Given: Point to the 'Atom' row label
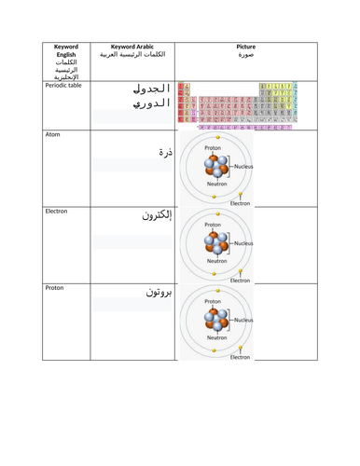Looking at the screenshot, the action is point(53,135).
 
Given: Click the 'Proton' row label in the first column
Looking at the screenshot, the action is point(56,288).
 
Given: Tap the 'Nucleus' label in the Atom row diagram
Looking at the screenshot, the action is point(244,167).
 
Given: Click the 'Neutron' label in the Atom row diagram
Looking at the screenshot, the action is point(217,185).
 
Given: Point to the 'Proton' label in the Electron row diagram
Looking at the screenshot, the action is point(214,225).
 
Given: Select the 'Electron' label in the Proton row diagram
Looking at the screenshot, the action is point(241,356).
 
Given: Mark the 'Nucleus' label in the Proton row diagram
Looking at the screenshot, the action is point(244,320).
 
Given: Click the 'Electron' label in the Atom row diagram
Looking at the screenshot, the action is point(241,203).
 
